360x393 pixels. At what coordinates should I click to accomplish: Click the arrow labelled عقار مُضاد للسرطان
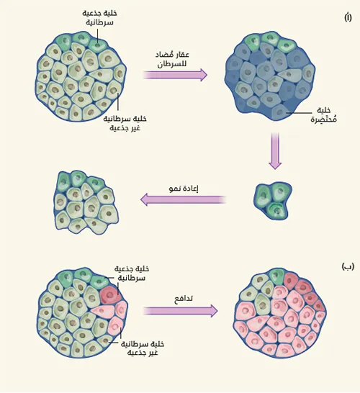tap(175, 75)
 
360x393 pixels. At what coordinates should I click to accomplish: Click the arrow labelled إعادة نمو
tap(183, 200)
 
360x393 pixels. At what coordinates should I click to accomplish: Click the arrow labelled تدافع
tap(180, 311)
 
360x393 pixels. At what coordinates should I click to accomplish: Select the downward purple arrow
tap(275, 151)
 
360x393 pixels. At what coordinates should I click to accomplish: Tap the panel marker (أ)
tap(348, 17)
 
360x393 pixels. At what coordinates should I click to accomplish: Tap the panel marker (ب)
tap(348, 266)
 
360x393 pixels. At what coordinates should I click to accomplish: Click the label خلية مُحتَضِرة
tap(324, 114)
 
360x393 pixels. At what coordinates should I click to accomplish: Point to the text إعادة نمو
tap(184, 188)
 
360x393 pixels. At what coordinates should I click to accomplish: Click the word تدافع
tap(184, 299)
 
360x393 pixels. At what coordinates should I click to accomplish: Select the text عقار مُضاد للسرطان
tap(172, 59)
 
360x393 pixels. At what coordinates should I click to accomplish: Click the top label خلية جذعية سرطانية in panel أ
tap(99, 17)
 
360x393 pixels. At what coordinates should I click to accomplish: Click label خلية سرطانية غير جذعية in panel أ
tap(125, 123)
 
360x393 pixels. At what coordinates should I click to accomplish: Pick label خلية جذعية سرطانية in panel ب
tap(132, 274)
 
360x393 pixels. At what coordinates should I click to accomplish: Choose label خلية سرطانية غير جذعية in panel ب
tap(143, 348)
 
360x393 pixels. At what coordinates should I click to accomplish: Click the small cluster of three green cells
tap(272, 201)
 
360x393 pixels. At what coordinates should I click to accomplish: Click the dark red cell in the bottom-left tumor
tap(109, 294)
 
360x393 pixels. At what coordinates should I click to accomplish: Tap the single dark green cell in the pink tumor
tap(276, 276)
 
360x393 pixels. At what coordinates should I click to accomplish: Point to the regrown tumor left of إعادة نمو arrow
tap(86, 202)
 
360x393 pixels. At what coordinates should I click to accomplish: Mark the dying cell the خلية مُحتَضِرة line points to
tap(279, 112)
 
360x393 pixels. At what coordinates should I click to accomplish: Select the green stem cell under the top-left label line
tap(98, 45)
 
